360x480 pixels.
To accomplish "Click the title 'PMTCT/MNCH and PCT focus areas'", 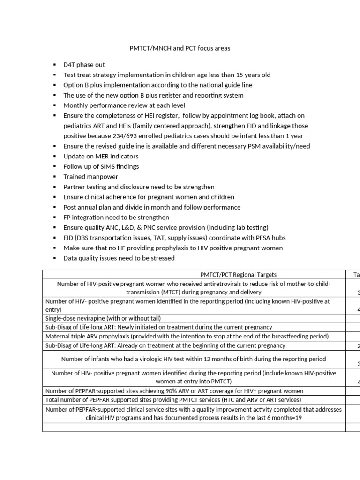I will [x=180, y=48].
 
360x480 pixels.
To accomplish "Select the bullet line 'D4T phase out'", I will [x=84, y=65].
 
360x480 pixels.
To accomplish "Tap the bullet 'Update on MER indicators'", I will [x=101, y=156].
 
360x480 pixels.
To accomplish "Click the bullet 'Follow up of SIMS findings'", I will [x=101, y=166].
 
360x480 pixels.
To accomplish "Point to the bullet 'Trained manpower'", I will [x=90, y=177].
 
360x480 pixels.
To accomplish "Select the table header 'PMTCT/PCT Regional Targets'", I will [x=194, y=275].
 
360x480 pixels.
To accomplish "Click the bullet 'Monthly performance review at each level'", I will [x=124, y=105].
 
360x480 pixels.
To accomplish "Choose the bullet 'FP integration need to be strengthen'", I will [x=116, y=217].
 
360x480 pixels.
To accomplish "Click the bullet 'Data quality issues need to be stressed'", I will [x=119, y=258].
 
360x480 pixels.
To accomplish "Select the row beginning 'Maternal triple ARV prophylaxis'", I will [x=187, y=337].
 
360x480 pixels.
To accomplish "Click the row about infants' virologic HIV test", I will [x=194, y=359].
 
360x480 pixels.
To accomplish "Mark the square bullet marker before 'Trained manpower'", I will [x=54, y=177].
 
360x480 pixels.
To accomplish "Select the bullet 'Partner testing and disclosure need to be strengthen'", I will [x=139, y=187].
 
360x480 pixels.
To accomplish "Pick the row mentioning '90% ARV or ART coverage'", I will [x=174, y=391].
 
